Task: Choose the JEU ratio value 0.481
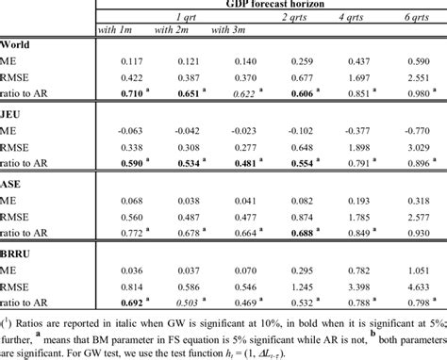point(237,165)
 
